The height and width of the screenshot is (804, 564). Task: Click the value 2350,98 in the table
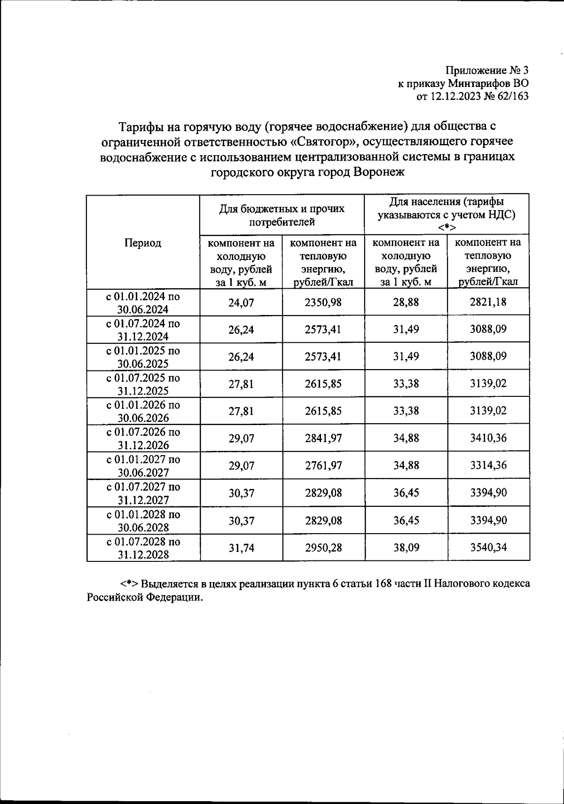tap(323, 302)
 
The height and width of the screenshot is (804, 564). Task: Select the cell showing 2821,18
tap(488, 302)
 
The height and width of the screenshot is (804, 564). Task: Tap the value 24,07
tap(241, 302)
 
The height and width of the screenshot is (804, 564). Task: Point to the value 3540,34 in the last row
tap(488, 547)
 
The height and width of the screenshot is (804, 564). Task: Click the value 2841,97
tap(323, 438)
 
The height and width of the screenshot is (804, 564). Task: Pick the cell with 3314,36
tap(488, 465)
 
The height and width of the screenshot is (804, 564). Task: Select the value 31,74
tap(241, 548)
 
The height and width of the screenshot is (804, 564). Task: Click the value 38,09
tap(406, 548)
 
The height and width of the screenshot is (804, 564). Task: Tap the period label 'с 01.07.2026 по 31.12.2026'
tap(143, 438)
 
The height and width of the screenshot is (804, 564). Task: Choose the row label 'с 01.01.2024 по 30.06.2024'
tap(143, 302)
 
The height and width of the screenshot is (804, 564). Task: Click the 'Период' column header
tap(143, 243)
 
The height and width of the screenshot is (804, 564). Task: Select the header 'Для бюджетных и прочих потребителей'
tap(282, 215)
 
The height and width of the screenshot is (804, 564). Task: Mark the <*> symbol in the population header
tap(446, 228)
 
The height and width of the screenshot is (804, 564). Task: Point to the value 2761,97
tap(323, 465)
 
